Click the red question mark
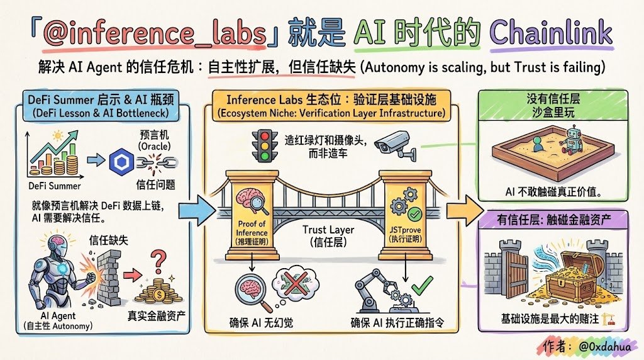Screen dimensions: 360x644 [x=160, y=257]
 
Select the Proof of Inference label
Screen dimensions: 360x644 [x=252, y=228]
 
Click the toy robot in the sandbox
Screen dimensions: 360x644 [x=571, y=139]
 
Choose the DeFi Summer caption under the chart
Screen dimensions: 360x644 [x=55, y=186]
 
